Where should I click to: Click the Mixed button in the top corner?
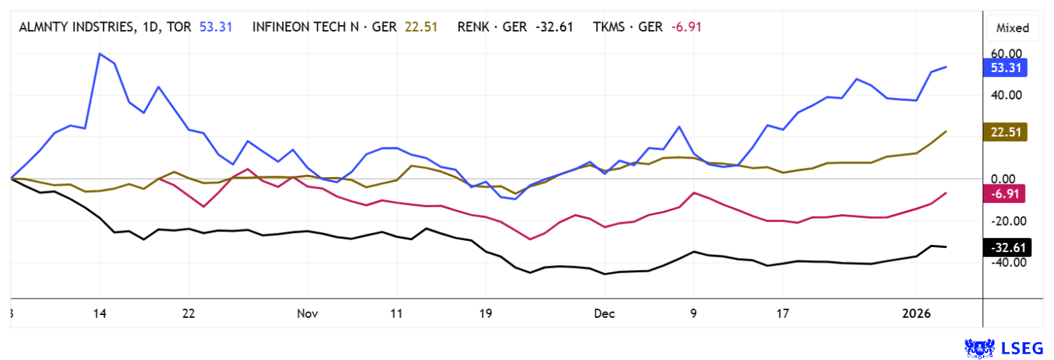pyautogui.click(x=1013, y=28)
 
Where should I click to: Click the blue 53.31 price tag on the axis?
pyautogui.click(x=1005, y=68)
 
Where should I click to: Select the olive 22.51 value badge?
pyautogui.click(x=1005, y=131)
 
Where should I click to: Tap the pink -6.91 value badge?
pyautogui.click(x=1005, y=194)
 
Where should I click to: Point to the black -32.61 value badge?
pyautogui.click(x=1005, y=248)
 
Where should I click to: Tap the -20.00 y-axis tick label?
pyautogui.click(x=1005, y=221)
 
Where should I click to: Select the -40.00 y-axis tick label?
pyautogui.click(x=1005, y=262)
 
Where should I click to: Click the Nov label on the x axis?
pyautogui.click(x=307, y=313)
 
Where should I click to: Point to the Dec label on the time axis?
pyautogui.click(x=604, y=313)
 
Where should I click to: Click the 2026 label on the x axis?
pyautogui.click(x=916, y=313)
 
